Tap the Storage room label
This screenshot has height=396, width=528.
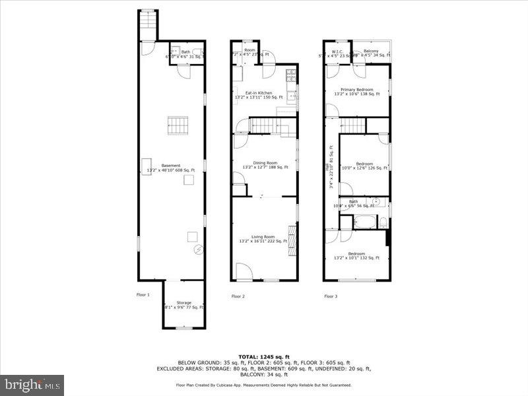tap(183, 303)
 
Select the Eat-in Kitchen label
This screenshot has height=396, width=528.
tap(259, 94)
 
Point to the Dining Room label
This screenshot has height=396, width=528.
tap(265, 162)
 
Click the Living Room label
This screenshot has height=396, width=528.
tap(263, 236)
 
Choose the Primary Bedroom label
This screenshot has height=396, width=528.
tap(357, 89)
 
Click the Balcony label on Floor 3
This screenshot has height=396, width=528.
tap(371, 50)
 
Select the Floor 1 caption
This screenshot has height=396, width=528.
tap(143, 294)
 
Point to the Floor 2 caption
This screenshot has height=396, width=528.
tap(238, 296)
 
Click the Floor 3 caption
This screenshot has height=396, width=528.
tap(331, 296)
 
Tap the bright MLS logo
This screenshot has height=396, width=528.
tap(32, 383)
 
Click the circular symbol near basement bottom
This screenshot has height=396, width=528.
tap(196, 249)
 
